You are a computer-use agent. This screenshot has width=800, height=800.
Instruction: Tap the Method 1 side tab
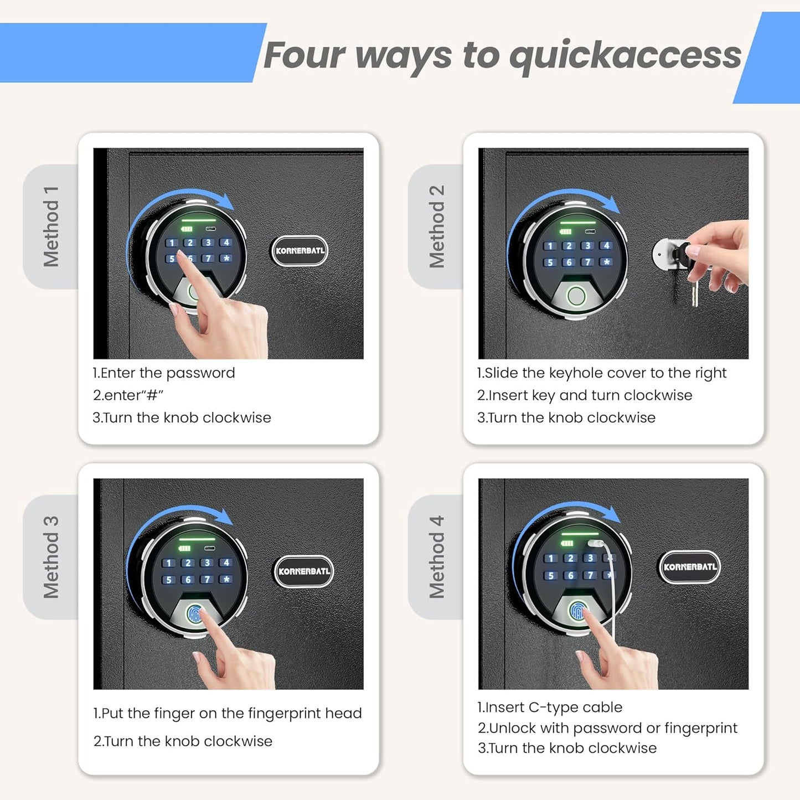51,226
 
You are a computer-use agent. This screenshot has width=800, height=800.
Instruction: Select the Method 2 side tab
436,226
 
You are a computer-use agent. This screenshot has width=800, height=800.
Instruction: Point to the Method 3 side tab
51,557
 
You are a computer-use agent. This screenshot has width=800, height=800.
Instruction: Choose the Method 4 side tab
436,557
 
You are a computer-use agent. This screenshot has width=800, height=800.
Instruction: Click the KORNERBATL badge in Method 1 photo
300,251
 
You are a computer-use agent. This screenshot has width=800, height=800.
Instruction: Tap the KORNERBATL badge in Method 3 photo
303,571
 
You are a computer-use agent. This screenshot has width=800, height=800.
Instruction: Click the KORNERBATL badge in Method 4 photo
689,566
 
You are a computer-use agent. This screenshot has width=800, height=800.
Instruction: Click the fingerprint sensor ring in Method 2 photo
576,296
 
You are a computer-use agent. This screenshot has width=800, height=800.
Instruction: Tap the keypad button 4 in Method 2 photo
606,245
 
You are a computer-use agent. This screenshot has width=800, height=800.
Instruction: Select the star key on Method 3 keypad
225,579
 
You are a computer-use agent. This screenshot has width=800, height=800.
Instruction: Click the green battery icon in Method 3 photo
184,548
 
